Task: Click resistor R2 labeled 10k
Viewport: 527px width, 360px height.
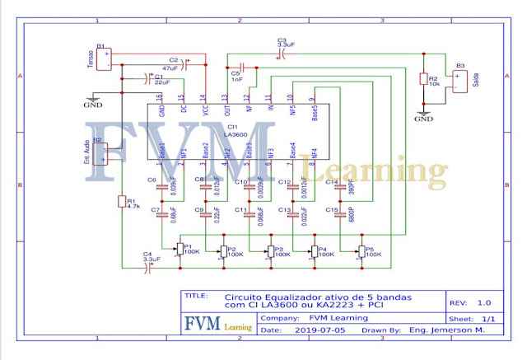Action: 424,80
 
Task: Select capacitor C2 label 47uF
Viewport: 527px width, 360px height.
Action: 175,63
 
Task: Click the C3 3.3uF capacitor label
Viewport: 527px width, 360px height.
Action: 282,42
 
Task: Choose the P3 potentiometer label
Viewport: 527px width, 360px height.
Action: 279,251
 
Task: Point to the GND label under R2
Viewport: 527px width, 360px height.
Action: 423,119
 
